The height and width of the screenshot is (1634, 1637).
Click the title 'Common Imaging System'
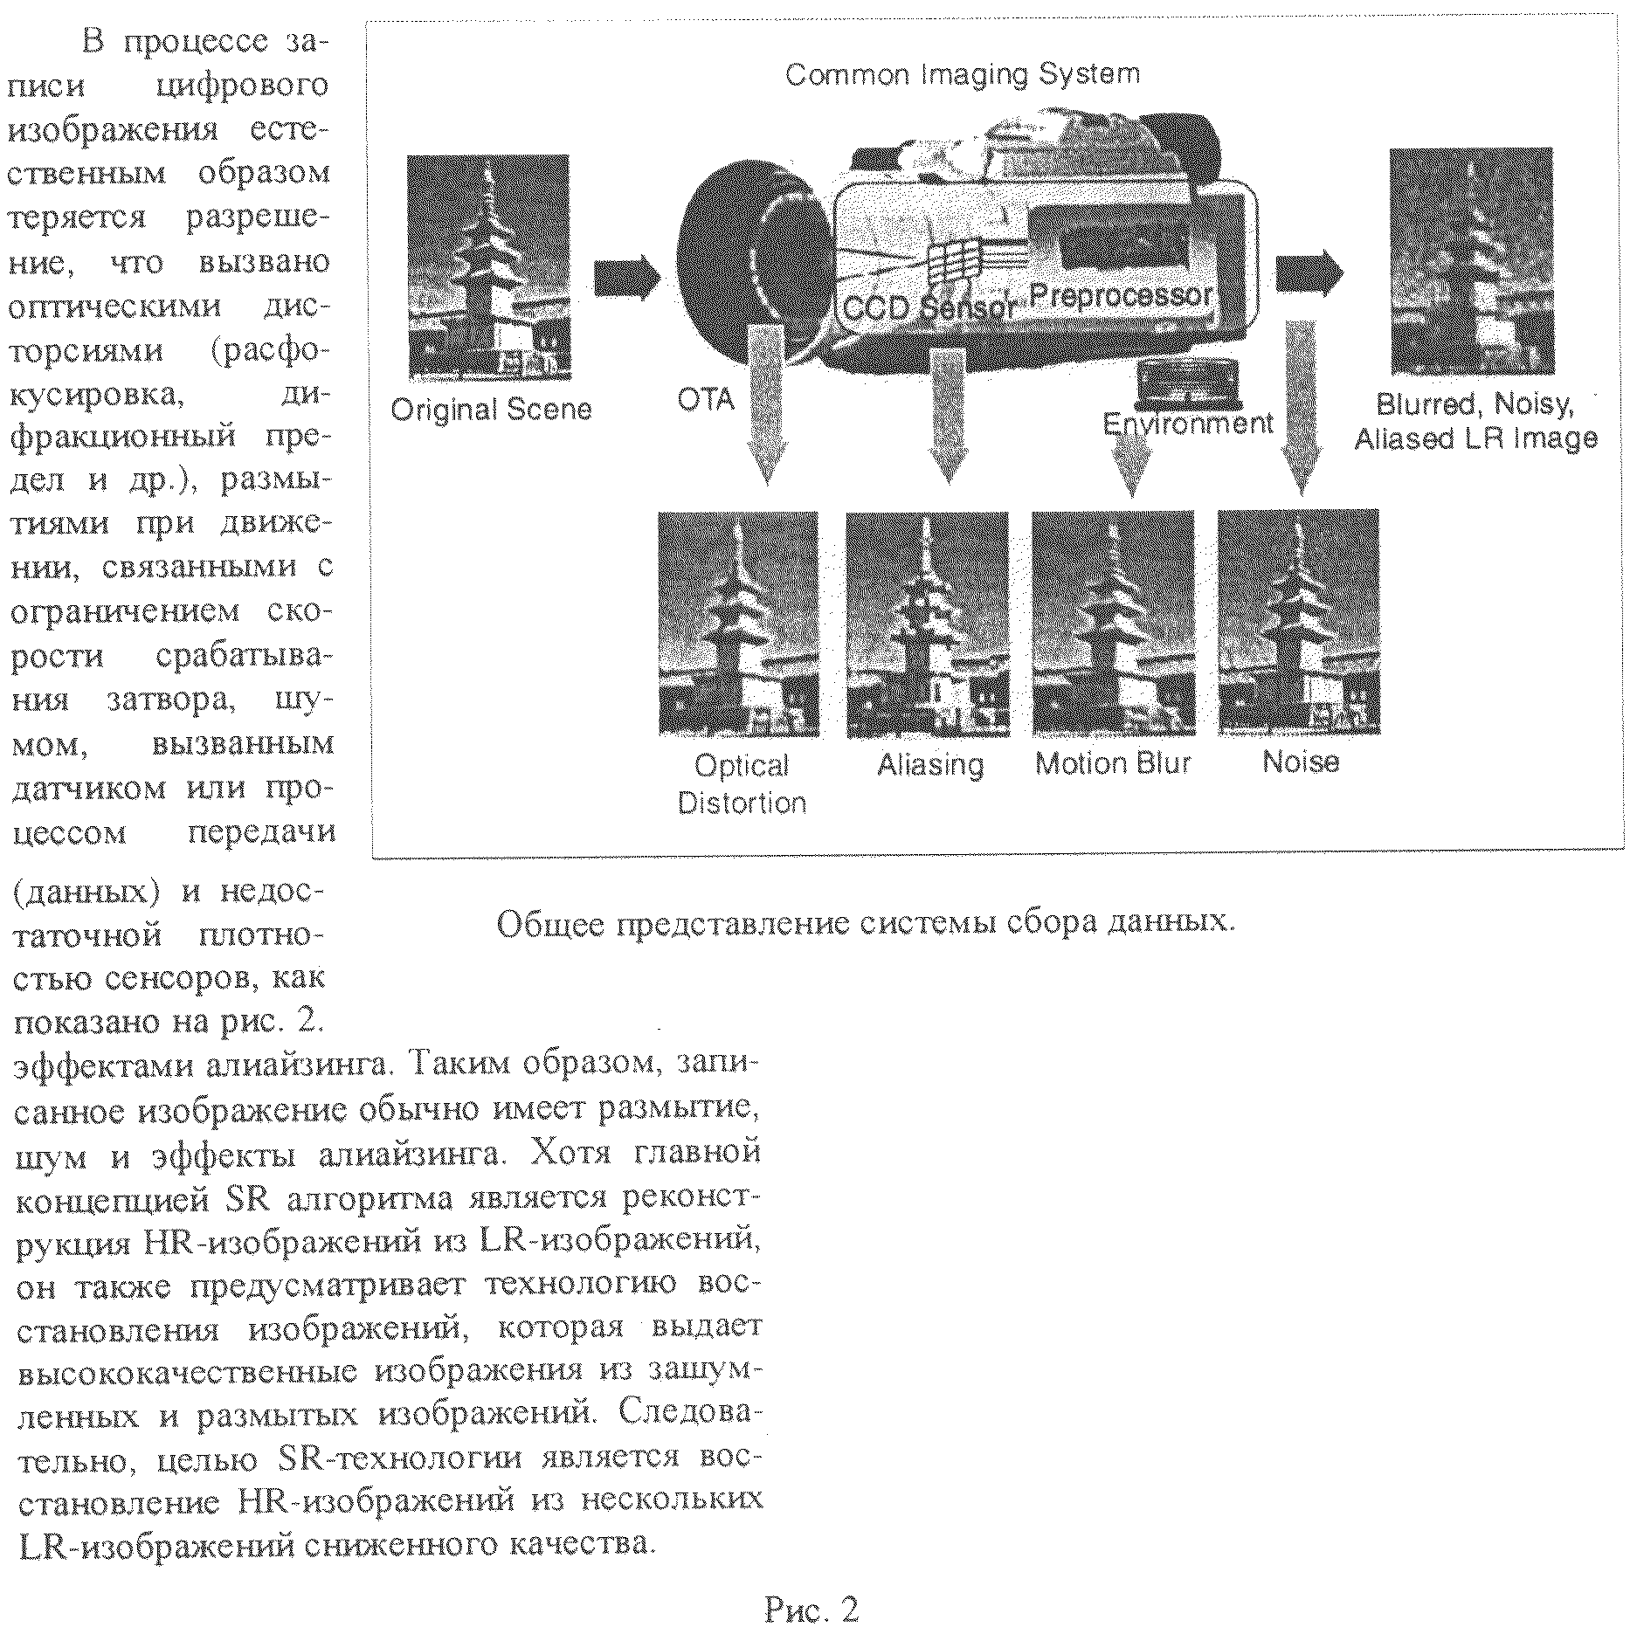click(963, 74)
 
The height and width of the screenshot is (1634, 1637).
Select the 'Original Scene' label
click(491, 410)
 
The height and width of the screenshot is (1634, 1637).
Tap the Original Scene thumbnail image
click(488, 267)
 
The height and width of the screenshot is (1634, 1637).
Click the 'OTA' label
click(706, 399)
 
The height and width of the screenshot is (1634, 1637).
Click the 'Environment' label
click(1188, 424)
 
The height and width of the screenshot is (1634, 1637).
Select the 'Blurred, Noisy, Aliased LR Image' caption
click(1475, 421)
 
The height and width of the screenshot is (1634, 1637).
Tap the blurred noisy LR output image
click(1472, 262)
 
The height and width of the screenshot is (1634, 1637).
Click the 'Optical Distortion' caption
click(742, 783)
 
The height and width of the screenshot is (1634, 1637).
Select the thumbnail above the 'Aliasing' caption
click(927, 624)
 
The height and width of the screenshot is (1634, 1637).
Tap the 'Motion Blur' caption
click(1113, 763)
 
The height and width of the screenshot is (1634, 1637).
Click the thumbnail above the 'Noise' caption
click(1298, 622)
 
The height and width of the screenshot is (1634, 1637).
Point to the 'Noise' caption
click(1301, 762)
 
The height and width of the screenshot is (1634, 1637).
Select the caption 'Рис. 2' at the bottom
click(812, 1609)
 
